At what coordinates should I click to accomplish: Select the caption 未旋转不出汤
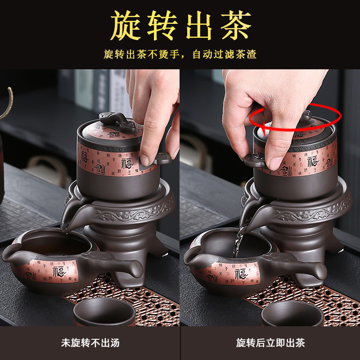90,343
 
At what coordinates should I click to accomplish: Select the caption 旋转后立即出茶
270,343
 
